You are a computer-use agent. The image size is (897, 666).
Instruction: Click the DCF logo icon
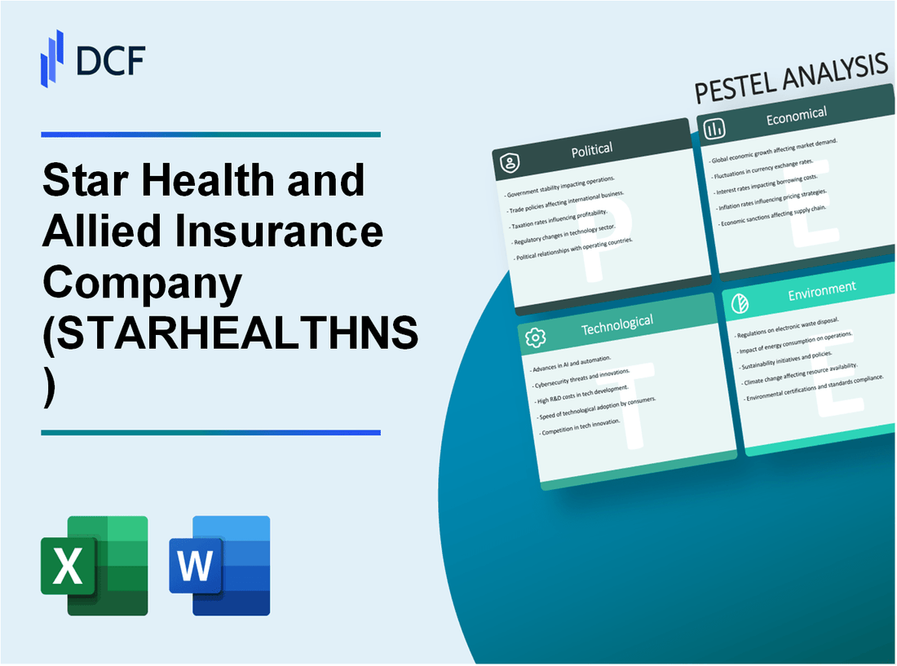click(52, 58)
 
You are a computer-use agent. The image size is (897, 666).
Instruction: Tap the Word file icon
click(219, 565)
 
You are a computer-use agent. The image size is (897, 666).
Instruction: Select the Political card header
click(592, 149)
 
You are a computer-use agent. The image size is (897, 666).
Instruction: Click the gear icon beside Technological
click(535, 337)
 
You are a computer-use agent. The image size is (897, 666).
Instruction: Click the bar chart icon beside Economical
click(715, 129)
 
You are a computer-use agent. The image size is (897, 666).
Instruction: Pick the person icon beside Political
click(510, 164)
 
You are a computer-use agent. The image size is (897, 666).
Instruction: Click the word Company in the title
click(142, 282)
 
